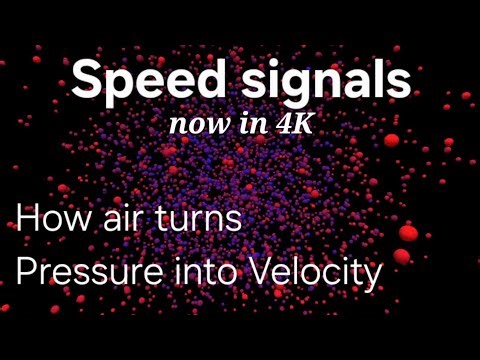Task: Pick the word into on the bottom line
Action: pos(203,271)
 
